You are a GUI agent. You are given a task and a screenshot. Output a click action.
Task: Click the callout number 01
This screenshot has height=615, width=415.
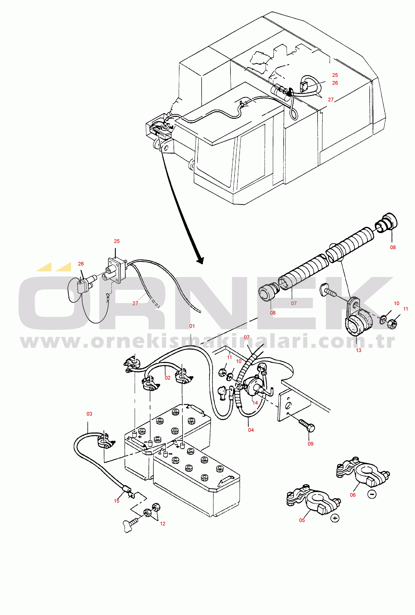[x=192, y=326]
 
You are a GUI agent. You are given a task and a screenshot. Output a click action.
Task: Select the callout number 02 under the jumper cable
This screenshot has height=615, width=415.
[x=168, y=378]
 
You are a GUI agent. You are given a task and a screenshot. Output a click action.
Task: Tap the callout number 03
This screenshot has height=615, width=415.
[x=89, y=414]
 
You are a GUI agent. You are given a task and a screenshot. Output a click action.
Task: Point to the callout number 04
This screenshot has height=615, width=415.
[x=251, y=430]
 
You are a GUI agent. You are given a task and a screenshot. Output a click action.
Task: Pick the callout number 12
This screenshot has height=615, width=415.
[x=162, y=523]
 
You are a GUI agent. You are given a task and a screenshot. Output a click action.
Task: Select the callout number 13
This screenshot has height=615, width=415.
[x=358, y=350]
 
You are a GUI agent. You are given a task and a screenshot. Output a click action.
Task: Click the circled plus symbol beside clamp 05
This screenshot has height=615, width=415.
[x=335, y=518]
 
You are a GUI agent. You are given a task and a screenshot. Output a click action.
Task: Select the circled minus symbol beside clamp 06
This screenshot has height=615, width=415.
[x=372, y=494]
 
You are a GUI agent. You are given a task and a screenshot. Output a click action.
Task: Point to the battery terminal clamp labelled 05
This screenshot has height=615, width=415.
[x=314, y=499]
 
